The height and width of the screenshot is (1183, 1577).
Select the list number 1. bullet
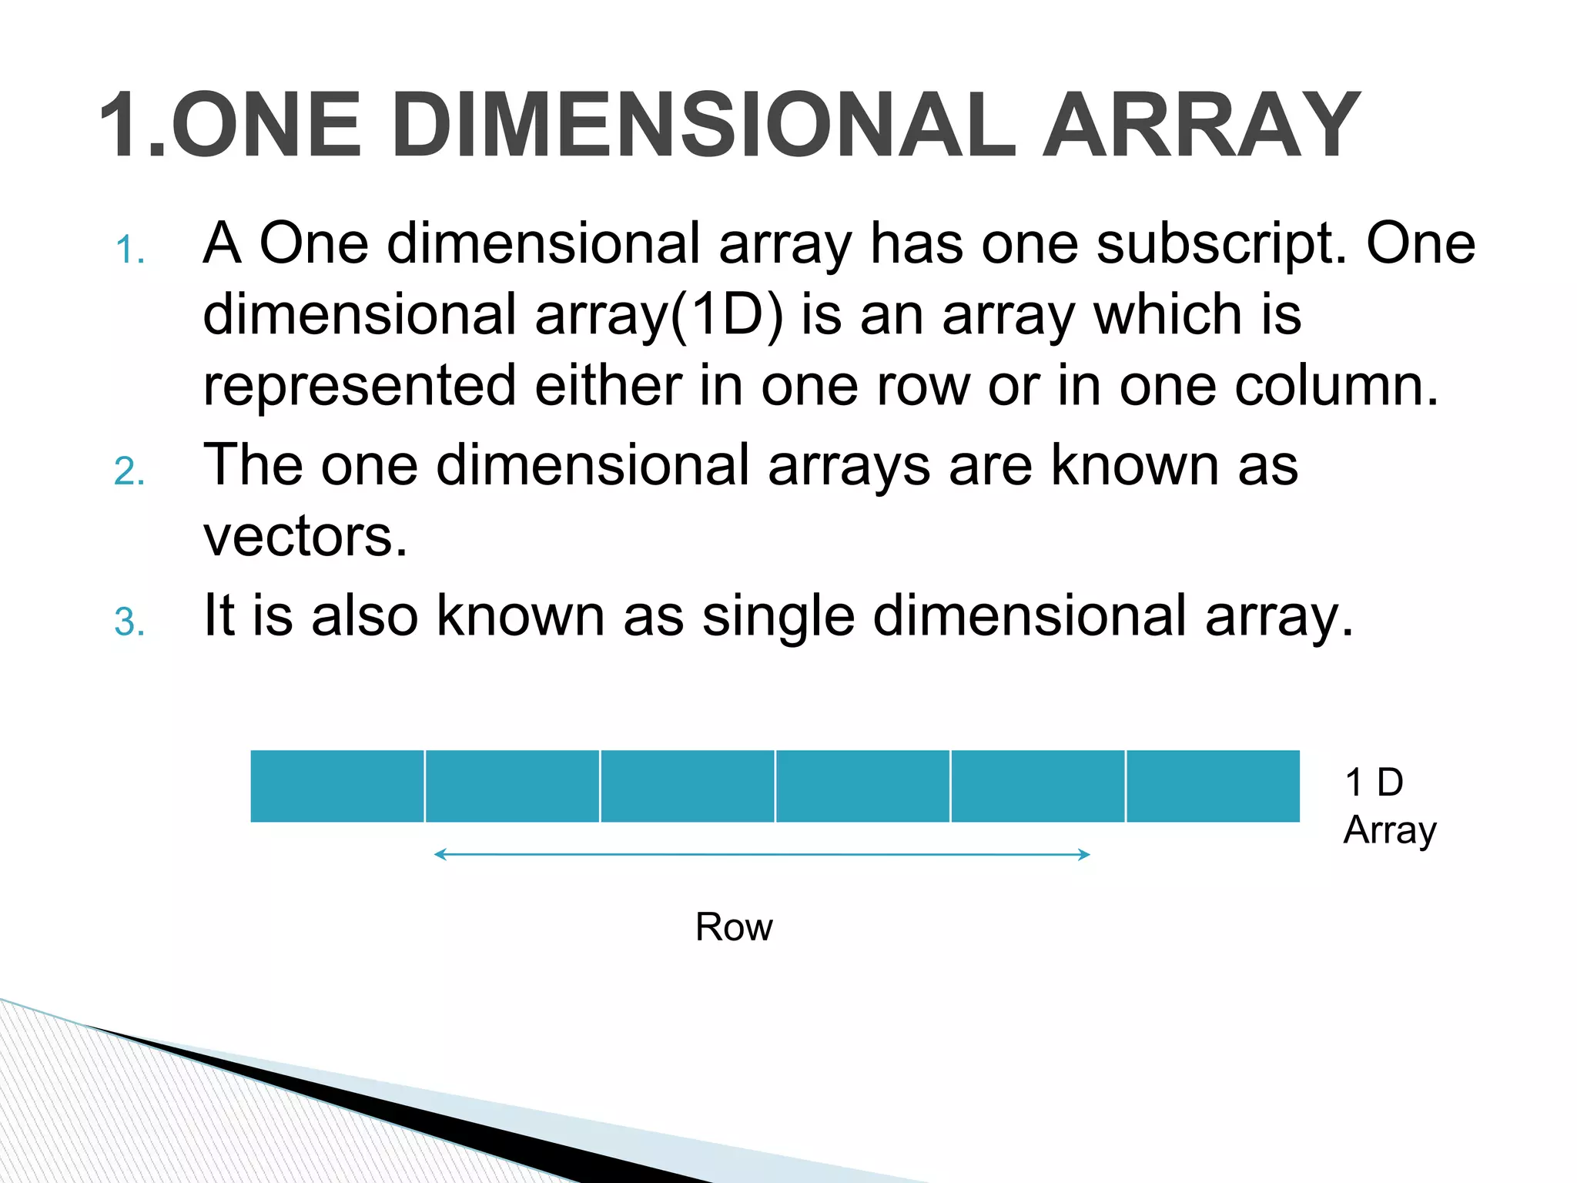pyautogui.click(x=129, y=251)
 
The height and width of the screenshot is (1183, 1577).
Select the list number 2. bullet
pyautogui.click(x=129, y=471)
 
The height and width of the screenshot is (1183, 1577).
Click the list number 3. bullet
pyautogui.click(x=129, y=622)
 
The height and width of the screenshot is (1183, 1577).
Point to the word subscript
pyautogui.click(x=1221, y=245)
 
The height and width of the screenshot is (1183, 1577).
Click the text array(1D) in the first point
pyautogui.click(x=658, y=316)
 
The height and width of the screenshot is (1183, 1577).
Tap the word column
pyautogui.click(x=1337, y=386)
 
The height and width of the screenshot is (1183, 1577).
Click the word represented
pyautogui.click(x=360, y=387)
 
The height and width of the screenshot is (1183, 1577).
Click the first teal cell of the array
pyautogui.click(x=337, y=786)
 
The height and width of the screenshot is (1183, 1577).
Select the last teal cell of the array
pyautogui.click(x=1213, y=786)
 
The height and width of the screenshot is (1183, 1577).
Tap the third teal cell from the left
pyautogui.click(x=688, y=786)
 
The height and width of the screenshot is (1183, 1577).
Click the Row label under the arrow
pyautogui.click(x=734, y=927)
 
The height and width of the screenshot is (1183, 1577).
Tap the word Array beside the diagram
pyautogui.click(x=1390, y=831)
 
